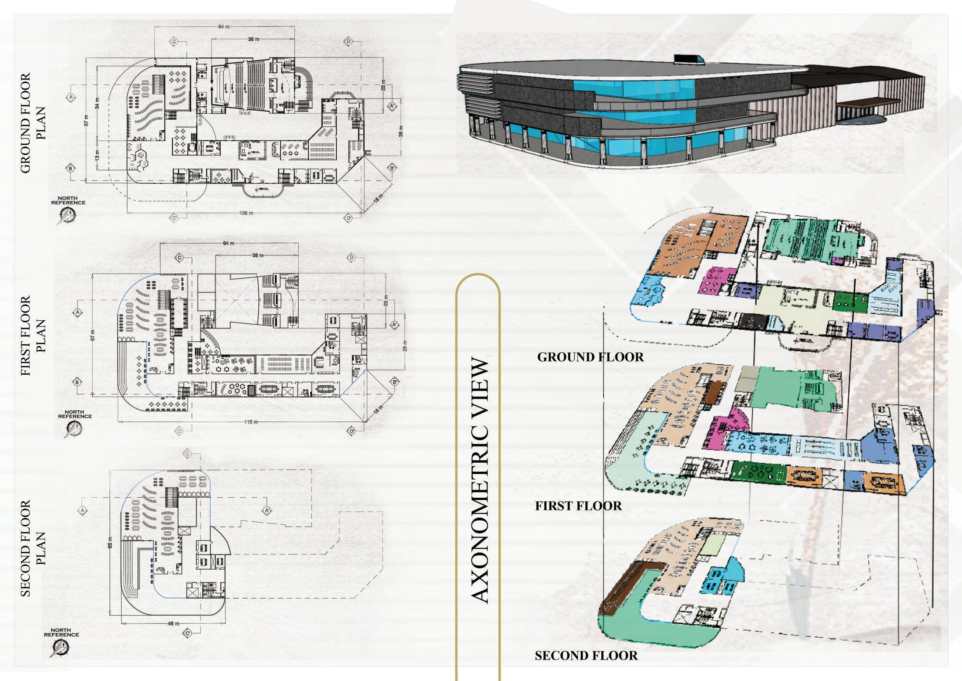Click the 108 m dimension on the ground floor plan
click(246, 213)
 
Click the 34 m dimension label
click(97, 104)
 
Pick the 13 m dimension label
click(97, 155)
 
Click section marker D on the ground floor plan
click(348, 41)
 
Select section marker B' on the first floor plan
click(394, 382)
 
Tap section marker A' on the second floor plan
click(267, 510)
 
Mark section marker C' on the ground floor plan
click(174, 218)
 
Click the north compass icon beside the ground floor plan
click(67, 215)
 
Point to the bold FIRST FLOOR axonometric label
click(578, 506)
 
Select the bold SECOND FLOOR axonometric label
click(586, 655)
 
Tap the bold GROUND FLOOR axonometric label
click(590, 357)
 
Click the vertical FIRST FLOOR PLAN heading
click(33, 335)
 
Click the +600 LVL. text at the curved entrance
click(263, 189)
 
